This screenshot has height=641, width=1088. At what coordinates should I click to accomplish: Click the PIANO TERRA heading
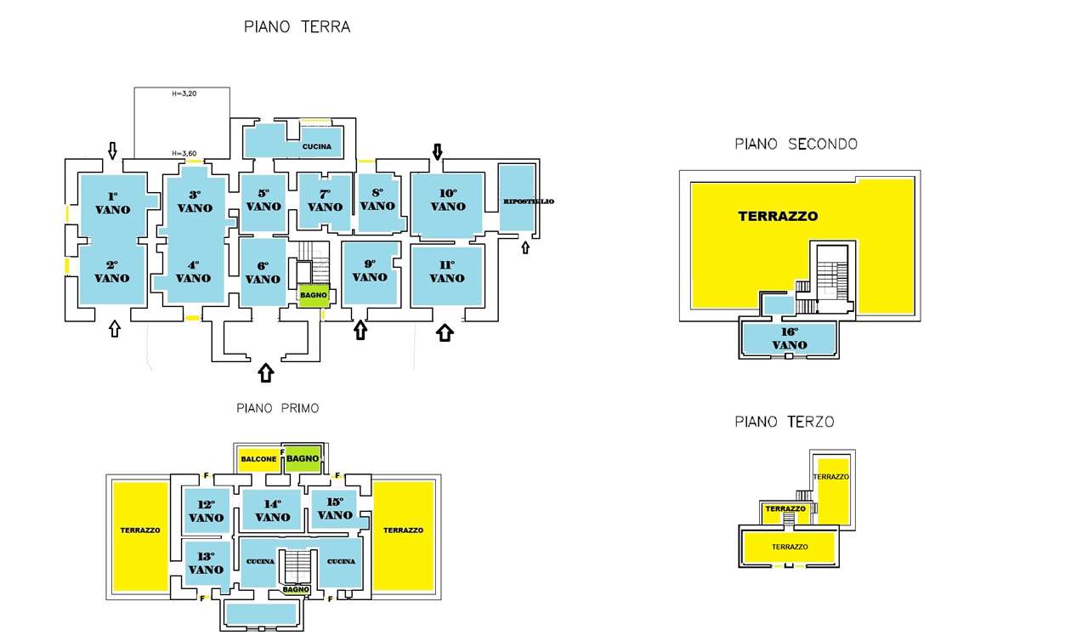(x=297, y=26)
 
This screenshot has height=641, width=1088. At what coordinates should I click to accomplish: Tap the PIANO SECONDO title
(x=796, y=145)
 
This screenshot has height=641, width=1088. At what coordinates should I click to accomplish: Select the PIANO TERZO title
(x=785, y=422)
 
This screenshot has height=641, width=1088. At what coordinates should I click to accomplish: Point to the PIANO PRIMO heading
(x=278, y=408)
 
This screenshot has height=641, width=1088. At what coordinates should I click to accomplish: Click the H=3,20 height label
(x=184, y=94)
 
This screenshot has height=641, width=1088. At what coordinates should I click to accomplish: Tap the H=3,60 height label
(x=184, y=154)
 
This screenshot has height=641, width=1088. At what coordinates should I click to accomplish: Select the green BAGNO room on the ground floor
(x=314, y=295)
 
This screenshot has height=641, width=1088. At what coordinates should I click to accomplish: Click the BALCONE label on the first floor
(x=258, y=459)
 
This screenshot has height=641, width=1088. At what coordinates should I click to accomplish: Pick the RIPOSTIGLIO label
(x=529, y=201)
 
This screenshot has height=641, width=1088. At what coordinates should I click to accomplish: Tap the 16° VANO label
(x=790, y=338)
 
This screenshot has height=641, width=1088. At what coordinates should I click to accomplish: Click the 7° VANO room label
(x=325, y=201)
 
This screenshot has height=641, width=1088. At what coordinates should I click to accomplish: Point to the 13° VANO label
(x=206, y=563)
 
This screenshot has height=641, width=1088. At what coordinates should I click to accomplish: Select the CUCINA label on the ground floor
(x=317, y=147)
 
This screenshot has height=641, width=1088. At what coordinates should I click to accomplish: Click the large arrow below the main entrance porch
(x=266, y=373)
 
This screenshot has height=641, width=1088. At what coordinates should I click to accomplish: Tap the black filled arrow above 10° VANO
(x=437, y=151)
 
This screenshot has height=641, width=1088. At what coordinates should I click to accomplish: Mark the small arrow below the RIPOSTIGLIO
(x=525, y=247)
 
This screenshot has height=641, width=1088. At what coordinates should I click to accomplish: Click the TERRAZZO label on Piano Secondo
(x=778, y=216)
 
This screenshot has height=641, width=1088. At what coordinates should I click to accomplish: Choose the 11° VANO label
(x=447, y=271)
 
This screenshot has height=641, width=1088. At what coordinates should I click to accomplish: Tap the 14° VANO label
(x=273, y=511)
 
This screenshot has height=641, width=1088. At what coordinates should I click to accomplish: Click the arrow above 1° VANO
(x=112, y=150)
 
